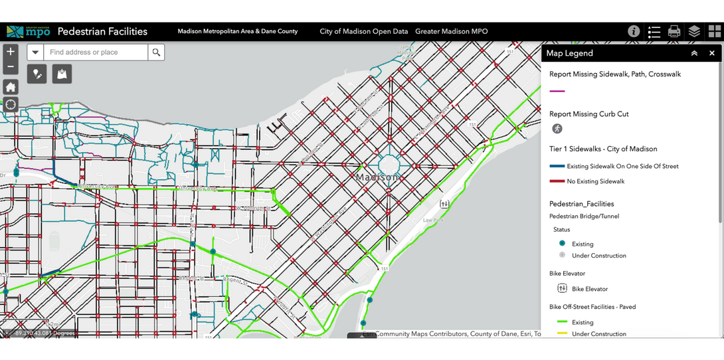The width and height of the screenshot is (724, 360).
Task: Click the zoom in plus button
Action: [11, 52]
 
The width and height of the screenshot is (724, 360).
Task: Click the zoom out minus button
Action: [11, 66]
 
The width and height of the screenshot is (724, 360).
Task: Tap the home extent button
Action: [11, 87]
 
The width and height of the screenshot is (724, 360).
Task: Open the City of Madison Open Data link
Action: [363, 31]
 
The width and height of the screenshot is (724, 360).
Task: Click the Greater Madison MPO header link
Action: [451, 31]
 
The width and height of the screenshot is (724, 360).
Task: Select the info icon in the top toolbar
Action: [634, 31]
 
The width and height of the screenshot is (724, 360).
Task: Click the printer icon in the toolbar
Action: [674, 31]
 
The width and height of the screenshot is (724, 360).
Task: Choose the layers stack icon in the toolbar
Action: [694, 31]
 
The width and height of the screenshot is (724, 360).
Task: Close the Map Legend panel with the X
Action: [712, 53]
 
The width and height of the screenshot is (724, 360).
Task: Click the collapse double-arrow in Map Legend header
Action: [694, 53]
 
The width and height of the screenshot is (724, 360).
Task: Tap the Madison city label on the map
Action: [377, 177]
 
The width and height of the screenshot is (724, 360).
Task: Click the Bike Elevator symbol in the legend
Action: [562, 288]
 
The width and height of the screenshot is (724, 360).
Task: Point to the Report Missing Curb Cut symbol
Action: [557, 129]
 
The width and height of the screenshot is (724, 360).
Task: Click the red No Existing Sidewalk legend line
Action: [557, 181]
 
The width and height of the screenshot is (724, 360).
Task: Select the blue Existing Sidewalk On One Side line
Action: [557, 166]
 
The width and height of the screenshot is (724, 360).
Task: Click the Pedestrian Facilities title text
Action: [102, 31]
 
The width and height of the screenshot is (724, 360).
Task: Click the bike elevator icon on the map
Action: [444, 204]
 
